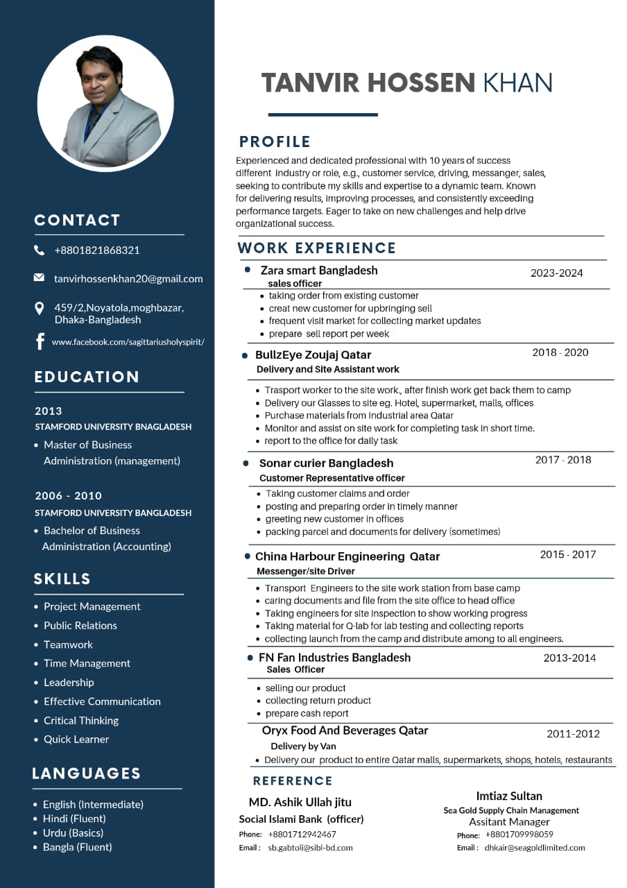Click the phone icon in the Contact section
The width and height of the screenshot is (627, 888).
(x=39, y=250)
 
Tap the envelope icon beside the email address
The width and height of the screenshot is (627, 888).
(x=39, y=278)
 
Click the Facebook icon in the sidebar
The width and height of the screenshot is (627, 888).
(x=40, y=341)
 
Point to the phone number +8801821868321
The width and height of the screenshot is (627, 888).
(x=97, y=250)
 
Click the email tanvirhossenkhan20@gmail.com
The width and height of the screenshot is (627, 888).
(x=128, y=279)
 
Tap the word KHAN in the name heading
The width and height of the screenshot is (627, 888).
(x=517, y=83)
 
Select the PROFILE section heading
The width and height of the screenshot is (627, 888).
(x=275, y=142)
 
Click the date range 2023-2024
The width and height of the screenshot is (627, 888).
(x=556, y=273)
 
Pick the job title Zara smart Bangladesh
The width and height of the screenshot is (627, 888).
(x=319, y=270)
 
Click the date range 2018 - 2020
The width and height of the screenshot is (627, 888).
(x=560, y=352)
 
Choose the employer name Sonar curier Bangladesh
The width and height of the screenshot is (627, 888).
(x=326, y=463)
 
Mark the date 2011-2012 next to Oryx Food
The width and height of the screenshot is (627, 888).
(x=573, y=734)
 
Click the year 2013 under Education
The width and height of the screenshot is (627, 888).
(x=49, y=411)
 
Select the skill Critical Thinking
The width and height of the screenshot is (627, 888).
(x=81, y=720)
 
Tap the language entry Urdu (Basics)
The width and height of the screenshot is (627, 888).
(x=73, y=832)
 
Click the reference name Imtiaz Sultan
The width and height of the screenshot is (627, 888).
(x=509, y=796)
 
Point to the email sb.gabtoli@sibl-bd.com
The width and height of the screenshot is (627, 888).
(x=310, y=847)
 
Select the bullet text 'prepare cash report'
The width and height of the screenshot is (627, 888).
(x=307, y=713)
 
